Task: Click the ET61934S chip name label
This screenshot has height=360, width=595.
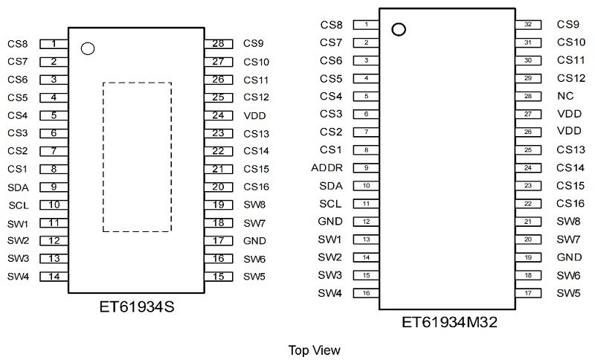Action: [x=137, y=306]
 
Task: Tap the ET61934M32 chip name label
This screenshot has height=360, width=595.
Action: [x=449, y=322]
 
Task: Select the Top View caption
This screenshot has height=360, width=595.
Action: [x=314, y=350]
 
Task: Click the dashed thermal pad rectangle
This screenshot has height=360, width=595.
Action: [x=103, y=157]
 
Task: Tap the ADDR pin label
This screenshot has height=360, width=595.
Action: [x=327, y=167]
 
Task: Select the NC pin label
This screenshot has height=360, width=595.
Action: [x=565, y=96]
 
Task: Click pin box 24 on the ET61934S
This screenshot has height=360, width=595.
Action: [x=219, y=115]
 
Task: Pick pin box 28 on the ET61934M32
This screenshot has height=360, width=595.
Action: [x=528, y=97]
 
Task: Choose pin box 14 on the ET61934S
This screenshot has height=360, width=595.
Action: [x=54, y=277]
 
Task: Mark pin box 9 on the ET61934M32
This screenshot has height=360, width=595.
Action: [x=366, y=167]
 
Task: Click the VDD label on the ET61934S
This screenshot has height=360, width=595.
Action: [x=254, y=116]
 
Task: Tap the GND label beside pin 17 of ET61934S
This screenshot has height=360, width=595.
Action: [x=254, y=241]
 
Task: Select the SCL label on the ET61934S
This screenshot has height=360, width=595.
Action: [x=19, y=205]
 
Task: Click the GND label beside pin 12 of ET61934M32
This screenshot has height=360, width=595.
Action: [x=330, y=221]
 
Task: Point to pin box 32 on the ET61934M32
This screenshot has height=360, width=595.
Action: [x=528, y=25]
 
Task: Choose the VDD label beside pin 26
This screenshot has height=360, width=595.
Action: [x=569, y=131]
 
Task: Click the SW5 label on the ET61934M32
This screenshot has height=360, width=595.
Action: [x=568, y=293]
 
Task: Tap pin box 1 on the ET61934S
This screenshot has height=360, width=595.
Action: [x=54, y=44]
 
